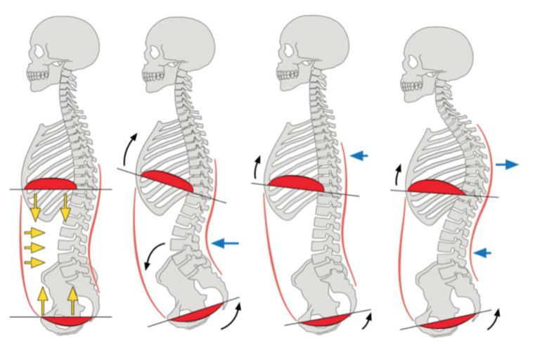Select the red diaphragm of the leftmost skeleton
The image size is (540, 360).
click(51, 186)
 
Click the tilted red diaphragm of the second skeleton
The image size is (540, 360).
click(166, 182)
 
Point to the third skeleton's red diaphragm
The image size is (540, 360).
click(295, 184)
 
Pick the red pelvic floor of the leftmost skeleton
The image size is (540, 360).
click(67, 321)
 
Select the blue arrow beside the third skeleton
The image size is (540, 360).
click(359, 155)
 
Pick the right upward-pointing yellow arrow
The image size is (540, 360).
click(72, 300)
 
